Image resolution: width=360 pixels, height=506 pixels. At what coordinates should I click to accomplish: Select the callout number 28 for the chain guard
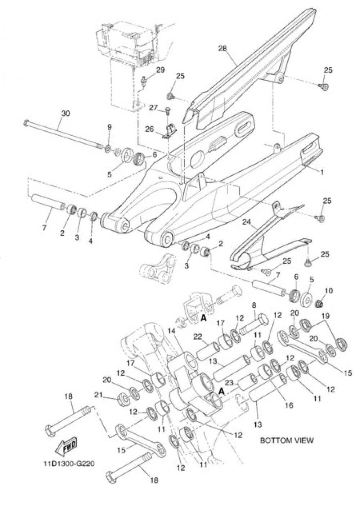222,48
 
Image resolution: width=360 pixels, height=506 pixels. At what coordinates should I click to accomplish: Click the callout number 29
160,70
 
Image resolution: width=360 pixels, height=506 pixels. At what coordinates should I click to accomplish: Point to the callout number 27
153,108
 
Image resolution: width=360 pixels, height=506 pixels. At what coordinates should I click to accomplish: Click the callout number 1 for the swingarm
322,172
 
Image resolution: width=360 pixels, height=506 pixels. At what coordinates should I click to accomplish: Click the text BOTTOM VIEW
287,440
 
